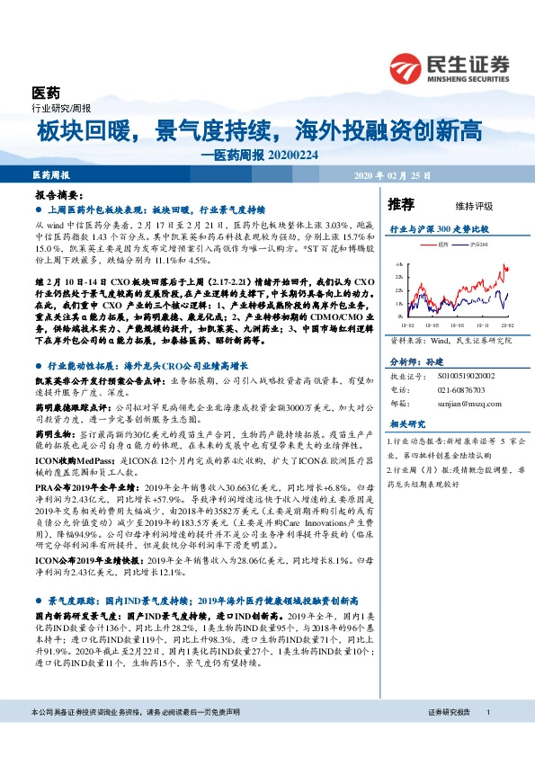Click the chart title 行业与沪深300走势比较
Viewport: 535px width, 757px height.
coord(438,229)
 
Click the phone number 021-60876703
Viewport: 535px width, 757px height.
coord(459,391)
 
